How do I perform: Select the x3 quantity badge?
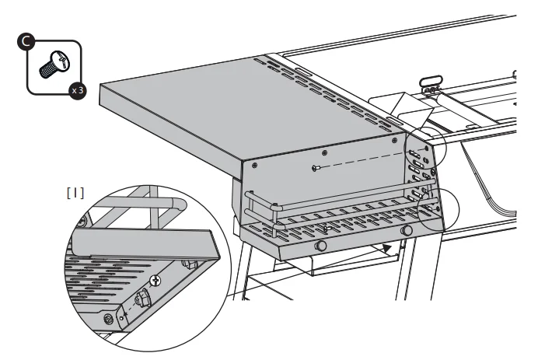pos(75,90)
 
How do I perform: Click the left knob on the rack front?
pos(320,246)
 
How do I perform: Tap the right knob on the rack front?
pos(405,231)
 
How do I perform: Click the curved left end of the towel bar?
pos(249,204)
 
